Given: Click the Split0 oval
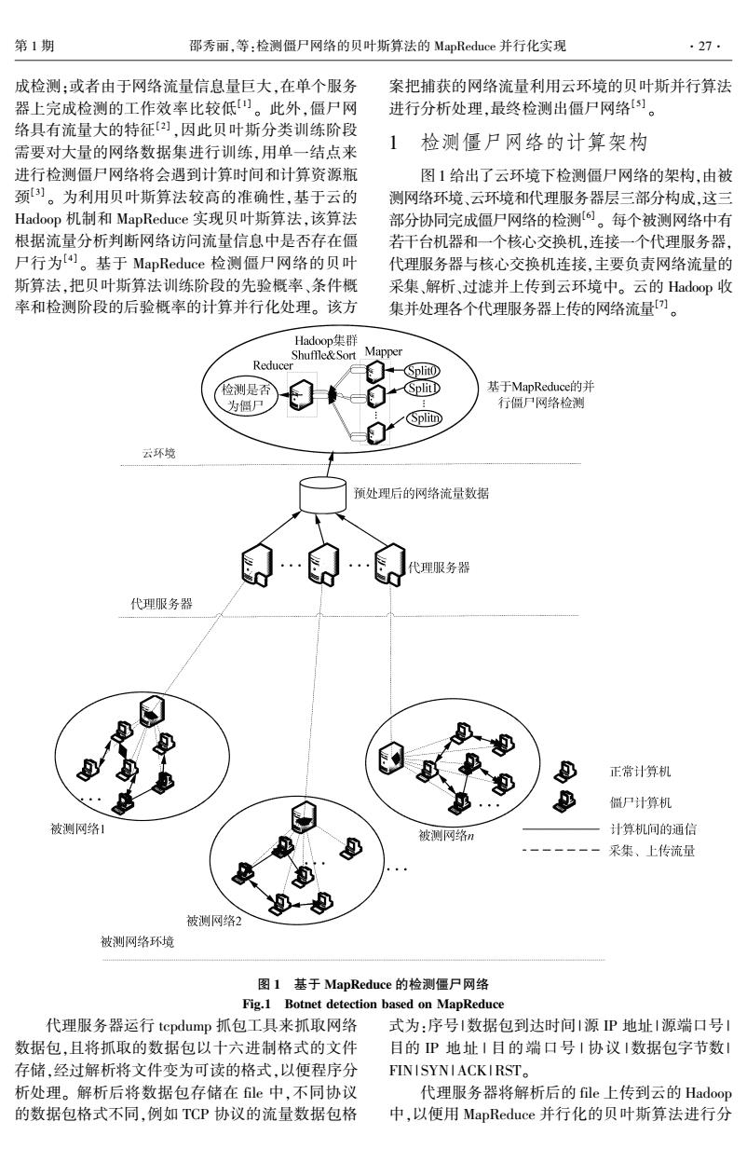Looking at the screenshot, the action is (422, 370).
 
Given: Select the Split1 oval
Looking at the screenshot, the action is (422, 389).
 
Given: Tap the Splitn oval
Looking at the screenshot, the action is (425, 418).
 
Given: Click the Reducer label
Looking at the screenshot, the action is (273, 365).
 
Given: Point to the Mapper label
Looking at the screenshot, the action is (383, 352).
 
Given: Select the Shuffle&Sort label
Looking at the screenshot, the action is (323, 355).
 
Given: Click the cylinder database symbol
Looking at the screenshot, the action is (322, 495).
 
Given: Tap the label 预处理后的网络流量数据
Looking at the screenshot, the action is (421, 494).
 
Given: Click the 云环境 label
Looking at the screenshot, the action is (159, 453).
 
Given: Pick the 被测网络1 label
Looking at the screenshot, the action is (77, 829).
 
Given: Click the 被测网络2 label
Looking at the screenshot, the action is (214, 921).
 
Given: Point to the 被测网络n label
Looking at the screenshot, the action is (446, 836).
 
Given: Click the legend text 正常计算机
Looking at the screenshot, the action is (640, 772).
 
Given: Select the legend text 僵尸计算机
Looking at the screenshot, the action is (640, 802).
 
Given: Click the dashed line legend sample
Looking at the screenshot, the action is (561, 851).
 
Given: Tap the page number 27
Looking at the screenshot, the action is (705, 47).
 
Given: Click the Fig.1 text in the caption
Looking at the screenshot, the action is (256, 1004).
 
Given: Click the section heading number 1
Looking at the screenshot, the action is (393, 143).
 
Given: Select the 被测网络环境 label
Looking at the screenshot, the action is (138, 942).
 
